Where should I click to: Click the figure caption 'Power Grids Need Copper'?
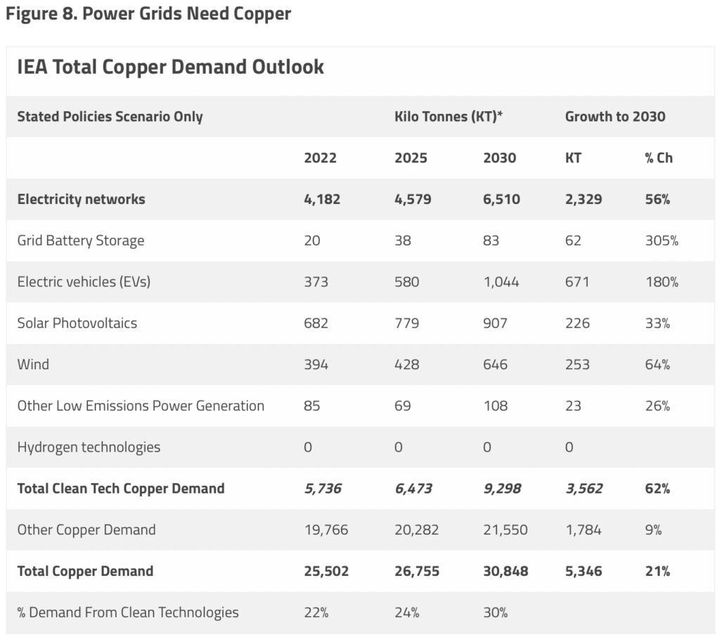186,13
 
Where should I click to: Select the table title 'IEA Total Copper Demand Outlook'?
170,67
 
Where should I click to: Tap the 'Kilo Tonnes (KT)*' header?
448,116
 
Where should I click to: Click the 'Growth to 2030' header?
615,116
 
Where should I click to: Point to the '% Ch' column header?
658,158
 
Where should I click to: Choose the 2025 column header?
411,158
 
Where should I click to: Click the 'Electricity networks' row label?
81,199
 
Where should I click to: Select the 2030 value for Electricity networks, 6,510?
501,199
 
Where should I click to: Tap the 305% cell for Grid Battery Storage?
661,241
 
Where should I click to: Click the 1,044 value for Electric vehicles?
501,281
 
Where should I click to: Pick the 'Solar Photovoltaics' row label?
77,323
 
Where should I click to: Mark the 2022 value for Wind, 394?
316,364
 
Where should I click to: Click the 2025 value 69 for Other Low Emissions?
402,406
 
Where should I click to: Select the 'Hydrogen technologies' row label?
89,447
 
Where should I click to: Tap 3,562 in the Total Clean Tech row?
584,488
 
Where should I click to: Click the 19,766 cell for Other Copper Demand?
326,530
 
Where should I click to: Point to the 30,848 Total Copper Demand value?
506,571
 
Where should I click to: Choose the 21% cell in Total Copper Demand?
657,571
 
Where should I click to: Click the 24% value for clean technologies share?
407,613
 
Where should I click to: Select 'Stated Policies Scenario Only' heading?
110,116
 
